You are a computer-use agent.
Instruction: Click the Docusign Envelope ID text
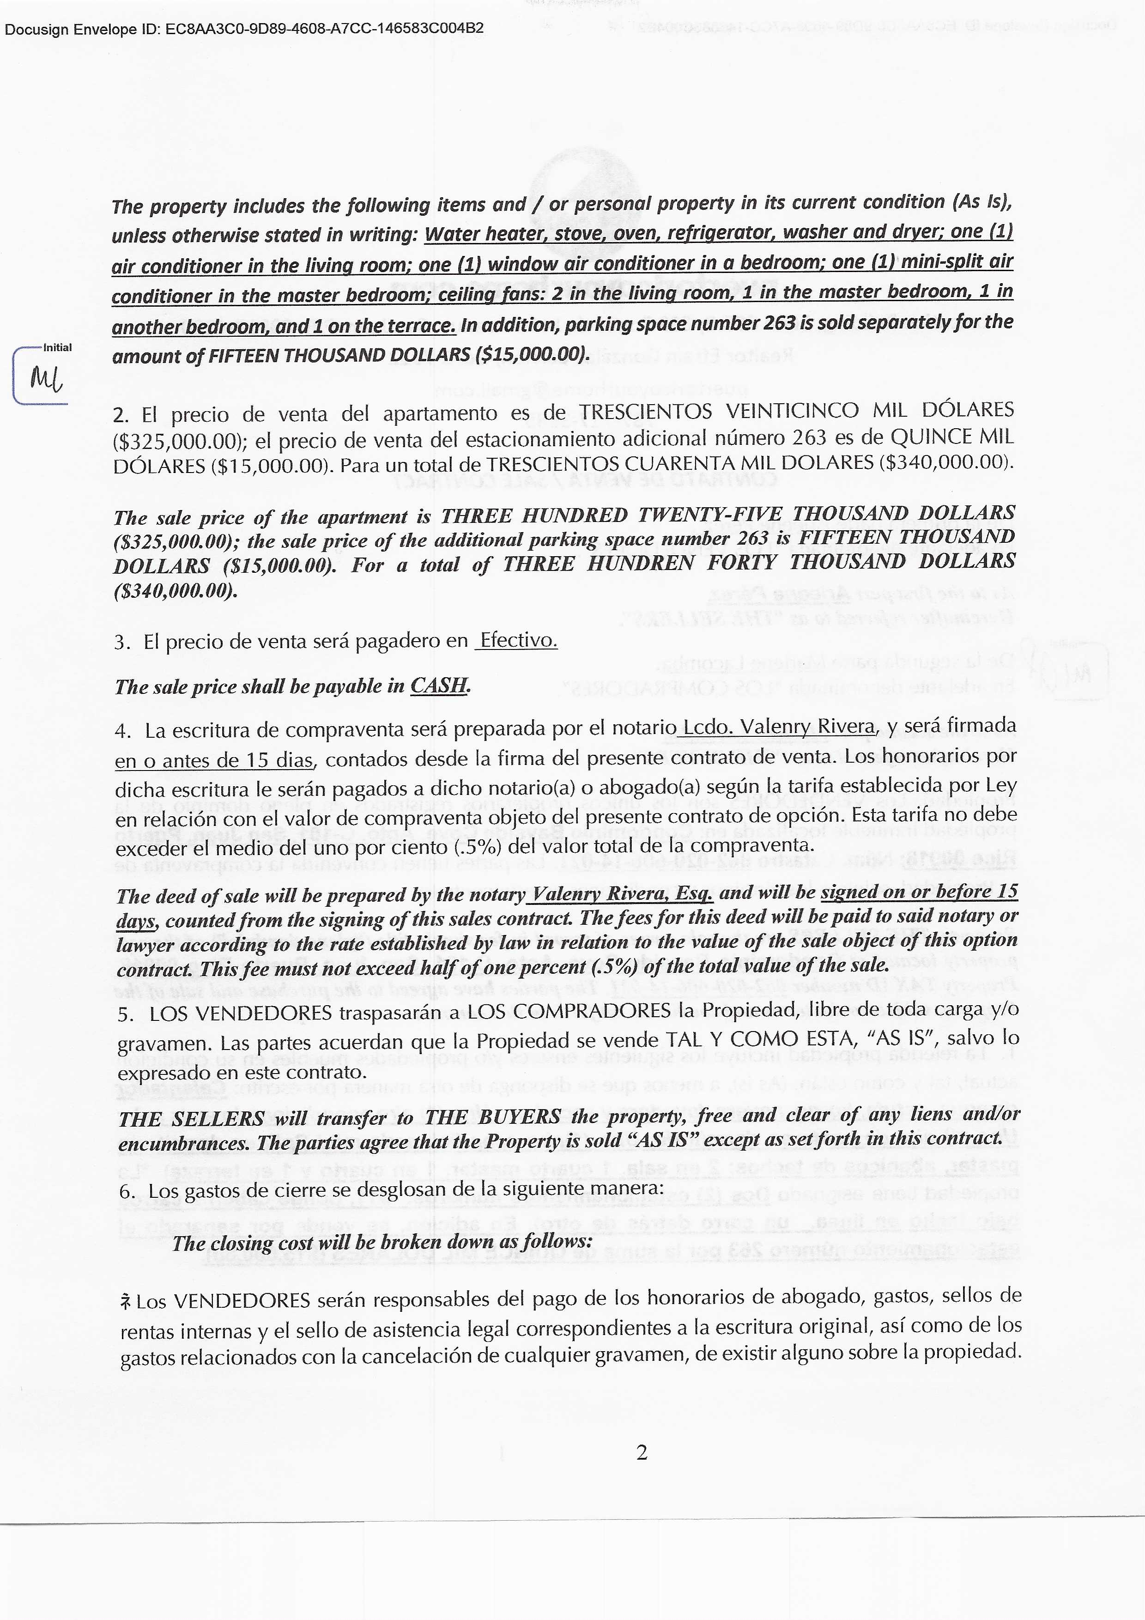244,29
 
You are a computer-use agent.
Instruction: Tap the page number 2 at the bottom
641,1452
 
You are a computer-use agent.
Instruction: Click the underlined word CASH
439,685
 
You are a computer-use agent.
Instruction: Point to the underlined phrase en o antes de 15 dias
214,760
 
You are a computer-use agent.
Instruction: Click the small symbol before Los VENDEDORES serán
126,1300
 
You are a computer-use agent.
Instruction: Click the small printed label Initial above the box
57,347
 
